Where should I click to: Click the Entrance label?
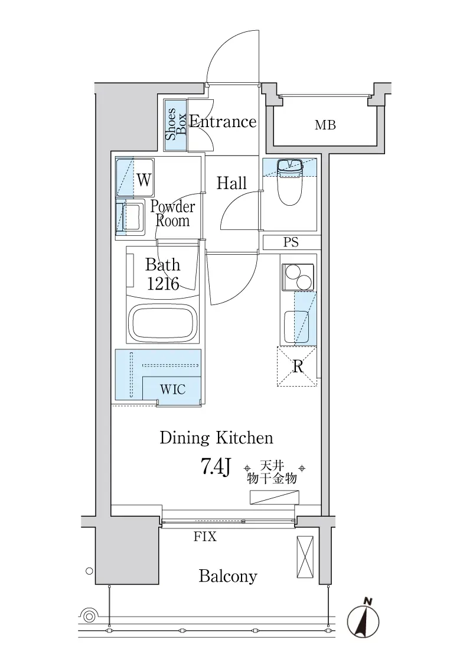point(223,122)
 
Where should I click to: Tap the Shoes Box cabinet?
point(176,125)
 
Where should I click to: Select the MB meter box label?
point(325,125)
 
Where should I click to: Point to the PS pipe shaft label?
point(291,242)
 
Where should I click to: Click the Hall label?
point(231,183)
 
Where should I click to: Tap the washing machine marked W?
point(135,177)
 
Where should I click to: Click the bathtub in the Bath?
point(164,322)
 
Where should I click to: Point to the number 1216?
point(163,284)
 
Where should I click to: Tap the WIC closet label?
point(173,390)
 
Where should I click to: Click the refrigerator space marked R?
point(297,367)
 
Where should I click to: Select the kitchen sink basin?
point(296,327)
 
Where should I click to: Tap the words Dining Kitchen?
point(216,438)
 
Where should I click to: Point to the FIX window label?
point(205,536)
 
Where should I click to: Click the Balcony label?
point(228,576)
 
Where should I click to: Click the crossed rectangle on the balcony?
point(305,557)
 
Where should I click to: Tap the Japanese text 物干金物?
point(272,478)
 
